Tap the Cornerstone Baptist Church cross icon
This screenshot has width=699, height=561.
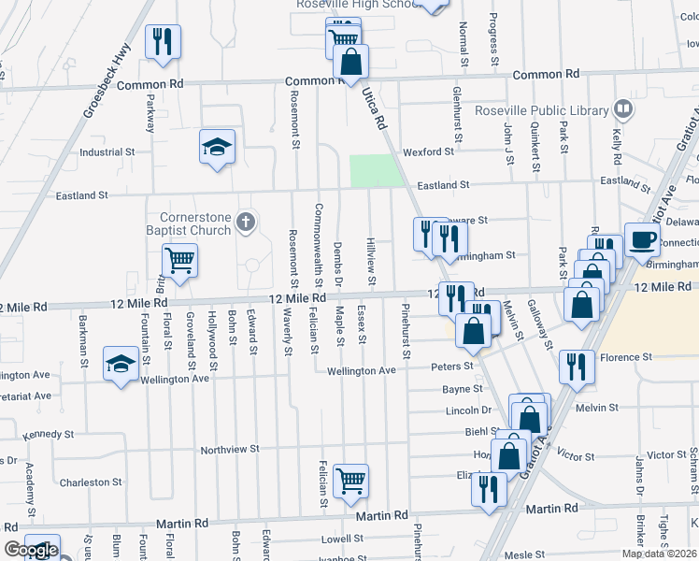click(245, 223)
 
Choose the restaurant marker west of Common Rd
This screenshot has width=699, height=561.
click(163, 42)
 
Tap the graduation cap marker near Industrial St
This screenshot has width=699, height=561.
click(217, 146)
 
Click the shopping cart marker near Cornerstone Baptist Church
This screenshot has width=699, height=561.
click(179, 260)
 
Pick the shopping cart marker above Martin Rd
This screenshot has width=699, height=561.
click(350, 481)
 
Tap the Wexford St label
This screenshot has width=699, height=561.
click(428, 151)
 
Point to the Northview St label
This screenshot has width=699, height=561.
click(229, 450)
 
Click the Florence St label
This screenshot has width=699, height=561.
click(625, 357)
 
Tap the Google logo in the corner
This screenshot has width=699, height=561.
click(31, 550)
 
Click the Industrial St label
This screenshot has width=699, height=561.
click(107, 151)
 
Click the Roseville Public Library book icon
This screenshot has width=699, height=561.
click(623, 109)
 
